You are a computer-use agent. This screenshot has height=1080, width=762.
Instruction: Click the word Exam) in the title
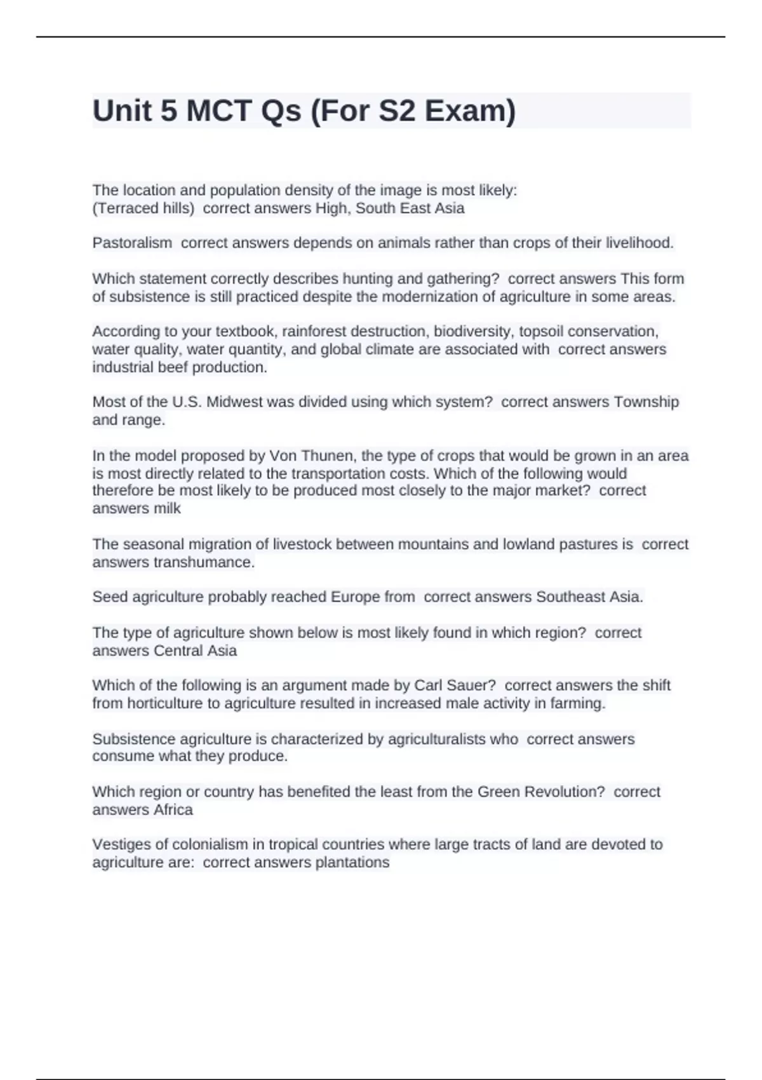(x=470, y=111)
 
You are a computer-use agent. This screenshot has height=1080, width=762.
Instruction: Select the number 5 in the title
(x=169, y=111)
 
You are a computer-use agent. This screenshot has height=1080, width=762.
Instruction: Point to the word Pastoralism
(x=132, y=243)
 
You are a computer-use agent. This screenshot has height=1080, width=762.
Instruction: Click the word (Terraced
(x=119, y=208)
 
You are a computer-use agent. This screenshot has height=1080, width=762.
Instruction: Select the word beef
(x=171, y=367)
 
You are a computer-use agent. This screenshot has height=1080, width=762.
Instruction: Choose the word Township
(x=646, y=402)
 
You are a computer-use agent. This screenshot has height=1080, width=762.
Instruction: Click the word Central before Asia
(x=177, y=651)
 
